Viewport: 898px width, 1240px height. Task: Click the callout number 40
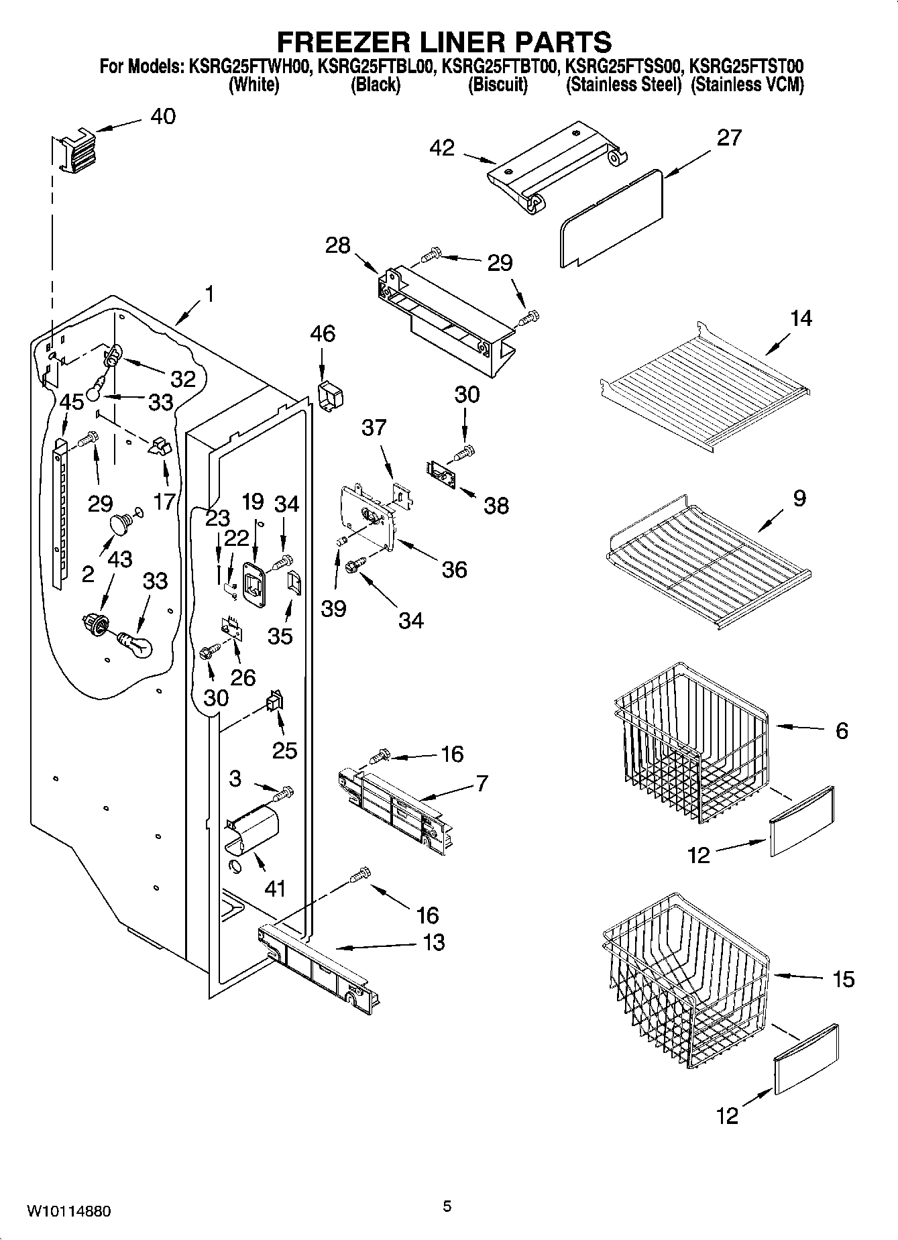[x=163, y=117]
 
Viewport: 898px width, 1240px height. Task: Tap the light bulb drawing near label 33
[x=136, y=646]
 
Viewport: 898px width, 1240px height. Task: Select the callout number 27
[x=729, y=137]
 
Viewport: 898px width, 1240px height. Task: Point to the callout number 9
[x=799, y=498]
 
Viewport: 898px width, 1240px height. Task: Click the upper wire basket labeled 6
[x=691, y=744]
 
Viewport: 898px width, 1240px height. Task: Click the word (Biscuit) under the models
[x=498, y=85]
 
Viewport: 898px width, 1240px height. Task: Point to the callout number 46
[x=323, y=334]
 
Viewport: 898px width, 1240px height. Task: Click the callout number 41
[x=275, y=889]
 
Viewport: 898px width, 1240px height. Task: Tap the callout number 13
[x=434, y=942]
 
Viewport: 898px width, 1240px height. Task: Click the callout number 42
[x=441, y=148]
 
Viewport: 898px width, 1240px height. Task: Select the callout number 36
[x=454, y=570]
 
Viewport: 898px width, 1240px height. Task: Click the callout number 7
[x=482, y=783]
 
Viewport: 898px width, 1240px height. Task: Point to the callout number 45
[x=72, y=402]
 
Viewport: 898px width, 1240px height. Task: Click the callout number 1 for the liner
[x=209, y=294]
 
